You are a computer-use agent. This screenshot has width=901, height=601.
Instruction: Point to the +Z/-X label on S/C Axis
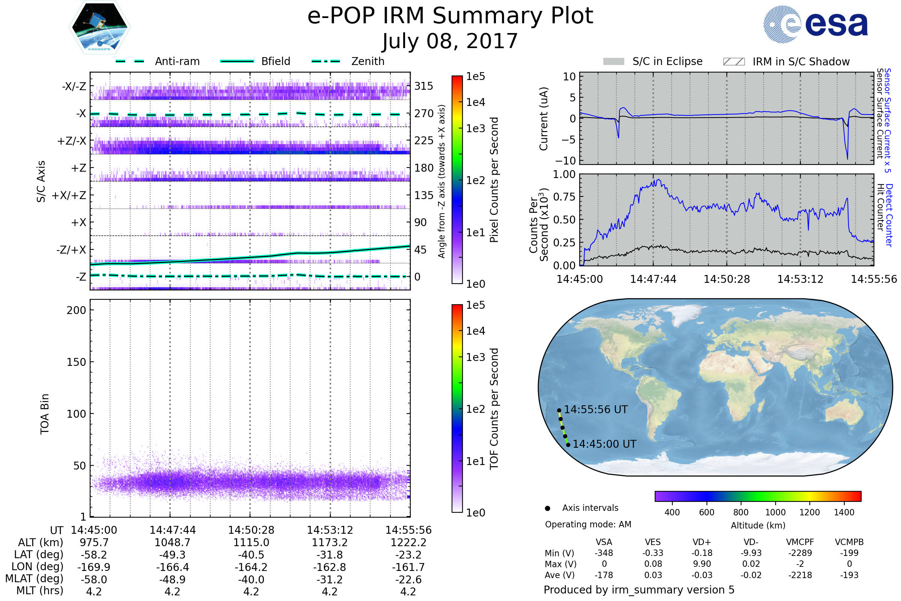72,141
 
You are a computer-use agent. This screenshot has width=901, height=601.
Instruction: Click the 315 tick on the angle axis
423,86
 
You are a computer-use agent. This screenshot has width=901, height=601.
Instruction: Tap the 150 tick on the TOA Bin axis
76,362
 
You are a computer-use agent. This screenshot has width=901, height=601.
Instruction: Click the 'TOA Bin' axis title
45,414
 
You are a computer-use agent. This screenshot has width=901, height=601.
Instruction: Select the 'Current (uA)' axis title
544,119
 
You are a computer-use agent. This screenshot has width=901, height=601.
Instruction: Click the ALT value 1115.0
251,543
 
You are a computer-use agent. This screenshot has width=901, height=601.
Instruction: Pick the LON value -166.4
172,567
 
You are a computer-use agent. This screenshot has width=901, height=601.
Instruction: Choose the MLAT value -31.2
330,580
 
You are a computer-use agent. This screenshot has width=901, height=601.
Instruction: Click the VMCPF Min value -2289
800,553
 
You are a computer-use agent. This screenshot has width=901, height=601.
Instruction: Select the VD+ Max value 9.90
702,564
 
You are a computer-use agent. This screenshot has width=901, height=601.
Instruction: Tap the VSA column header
604,542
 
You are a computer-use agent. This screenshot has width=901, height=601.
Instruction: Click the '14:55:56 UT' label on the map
596,410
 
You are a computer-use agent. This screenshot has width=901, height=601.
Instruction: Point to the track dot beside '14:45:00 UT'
568,445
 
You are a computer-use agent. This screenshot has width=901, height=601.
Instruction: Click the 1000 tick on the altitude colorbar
775,512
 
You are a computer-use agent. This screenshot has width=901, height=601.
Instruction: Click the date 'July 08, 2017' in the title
450,41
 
